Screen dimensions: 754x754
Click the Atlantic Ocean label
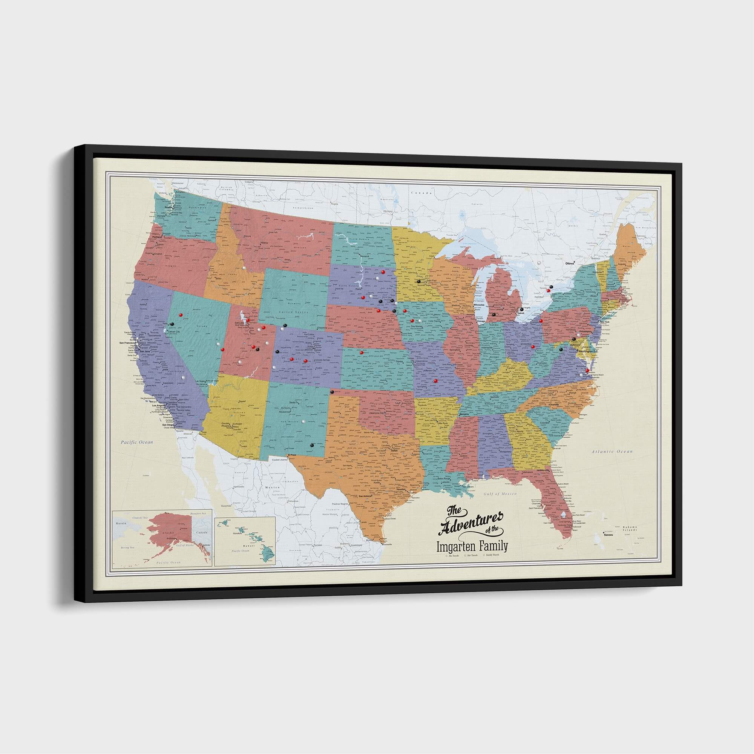click(612, 452)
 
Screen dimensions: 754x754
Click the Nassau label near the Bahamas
click(608, 535)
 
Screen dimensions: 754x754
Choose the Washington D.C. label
click(588, 351)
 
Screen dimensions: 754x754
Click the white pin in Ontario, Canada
click(539, 263)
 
